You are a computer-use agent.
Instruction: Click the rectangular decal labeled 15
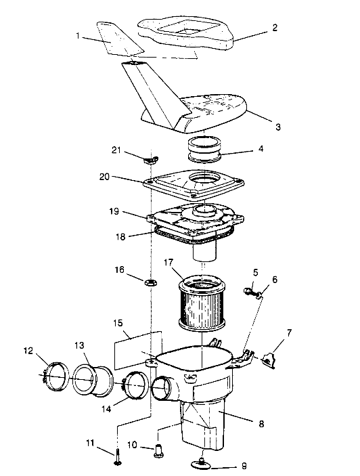pyautogui.click(x=138, y=347)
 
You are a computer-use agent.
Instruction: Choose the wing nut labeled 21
pyautogui.click(x=150, y=159)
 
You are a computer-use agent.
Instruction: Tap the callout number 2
pyautogui.click(x=275, y=28)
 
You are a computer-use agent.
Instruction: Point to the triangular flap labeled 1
pyautogui.click(x=119, y=40)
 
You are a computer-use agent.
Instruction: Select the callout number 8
pyautogui.click(x=261, y=425)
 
